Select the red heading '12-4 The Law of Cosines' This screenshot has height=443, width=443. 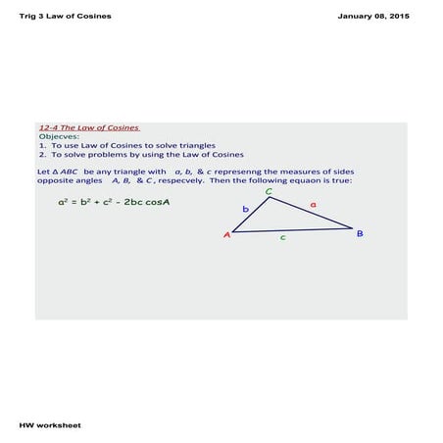click(x=89, y=127)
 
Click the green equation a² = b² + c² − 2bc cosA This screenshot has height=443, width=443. click(x=115, y=203)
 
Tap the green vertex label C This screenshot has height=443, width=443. click(x=270, y=191)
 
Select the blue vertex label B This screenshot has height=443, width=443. click(x=360, y=233)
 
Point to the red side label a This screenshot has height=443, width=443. click(x=313, y=204)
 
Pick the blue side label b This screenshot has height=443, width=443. click(x=245, y=210)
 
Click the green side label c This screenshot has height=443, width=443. click(x=283, y=237)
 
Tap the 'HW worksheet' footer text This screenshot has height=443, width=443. click(x=50, y=425)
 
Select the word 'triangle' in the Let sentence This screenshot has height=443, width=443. click(x=138, y=172)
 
